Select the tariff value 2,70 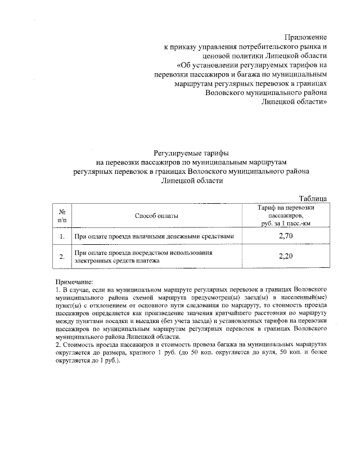[x=286, y=236]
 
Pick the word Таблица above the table [x=313, y=198]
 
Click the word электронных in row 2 [x=93, y=261]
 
